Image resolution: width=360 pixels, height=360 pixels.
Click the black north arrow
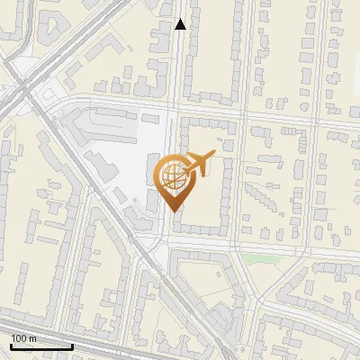181,24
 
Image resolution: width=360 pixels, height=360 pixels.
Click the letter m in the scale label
32,338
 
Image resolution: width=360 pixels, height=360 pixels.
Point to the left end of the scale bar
10,346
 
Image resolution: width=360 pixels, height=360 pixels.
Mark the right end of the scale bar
73,346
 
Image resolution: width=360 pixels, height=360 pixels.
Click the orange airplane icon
201,165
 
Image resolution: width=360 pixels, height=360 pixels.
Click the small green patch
262,259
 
